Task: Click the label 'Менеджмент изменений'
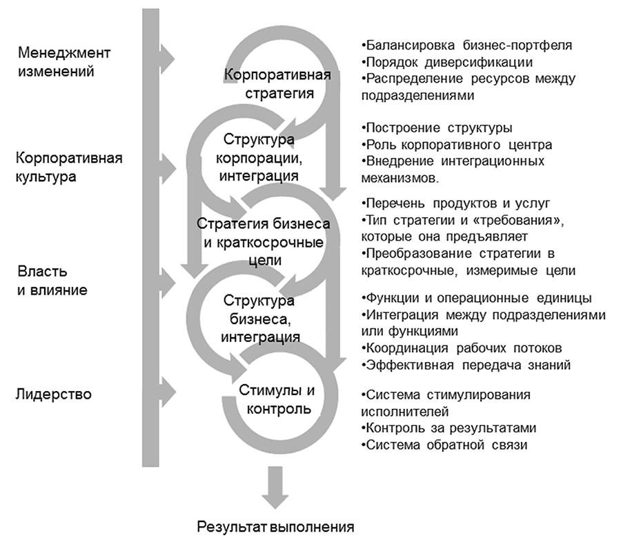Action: pos(65,61)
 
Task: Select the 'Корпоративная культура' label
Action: pos(69,166)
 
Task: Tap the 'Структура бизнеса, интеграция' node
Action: pos(259,319)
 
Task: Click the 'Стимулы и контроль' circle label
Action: pos(277,400)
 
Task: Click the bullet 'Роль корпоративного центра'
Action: pos(456,145)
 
